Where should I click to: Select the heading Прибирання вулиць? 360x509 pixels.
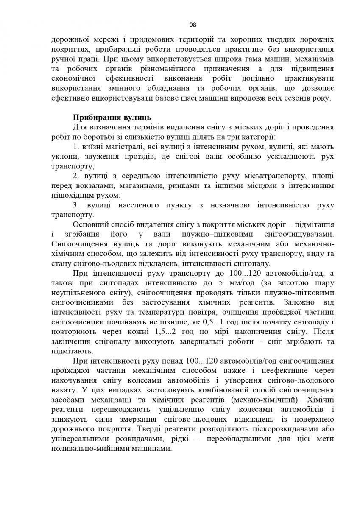(x=112, y=117)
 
